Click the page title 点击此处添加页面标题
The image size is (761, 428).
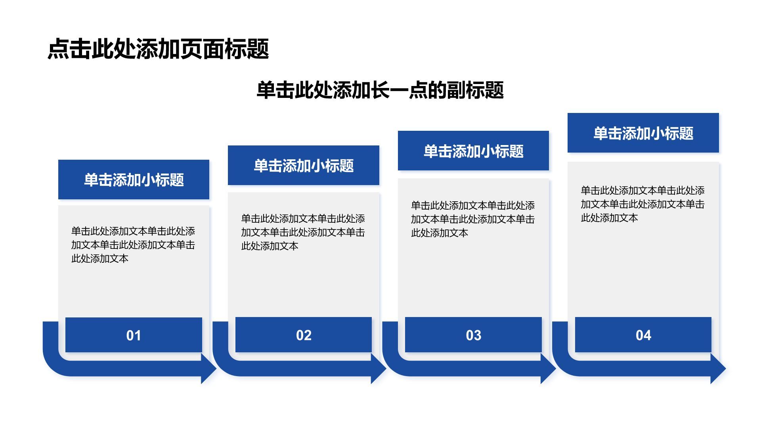[158, 49]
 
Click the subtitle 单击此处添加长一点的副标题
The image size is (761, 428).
[380, 90]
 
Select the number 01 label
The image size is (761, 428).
[134, 336]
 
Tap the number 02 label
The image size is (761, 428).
[304, 336]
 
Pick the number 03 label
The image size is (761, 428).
[474, 336]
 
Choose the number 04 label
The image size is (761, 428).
[643, 336]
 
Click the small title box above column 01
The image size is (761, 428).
[134, 180]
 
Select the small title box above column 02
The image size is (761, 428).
[304, 165]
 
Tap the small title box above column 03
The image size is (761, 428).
[473, 151]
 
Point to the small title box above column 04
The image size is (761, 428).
[643, 133]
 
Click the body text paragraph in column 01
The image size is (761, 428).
[133, 245]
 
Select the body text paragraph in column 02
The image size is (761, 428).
[303, 232]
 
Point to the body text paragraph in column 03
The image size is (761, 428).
[473, 219]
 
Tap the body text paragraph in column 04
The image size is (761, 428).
[642, 204]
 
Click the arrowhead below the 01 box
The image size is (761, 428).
[208, 369]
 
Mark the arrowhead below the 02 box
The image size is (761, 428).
[379, 369]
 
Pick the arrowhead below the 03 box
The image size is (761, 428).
[548, 369]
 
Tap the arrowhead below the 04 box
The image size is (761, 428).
[718, 369]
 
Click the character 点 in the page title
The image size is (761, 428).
[59, 49]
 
